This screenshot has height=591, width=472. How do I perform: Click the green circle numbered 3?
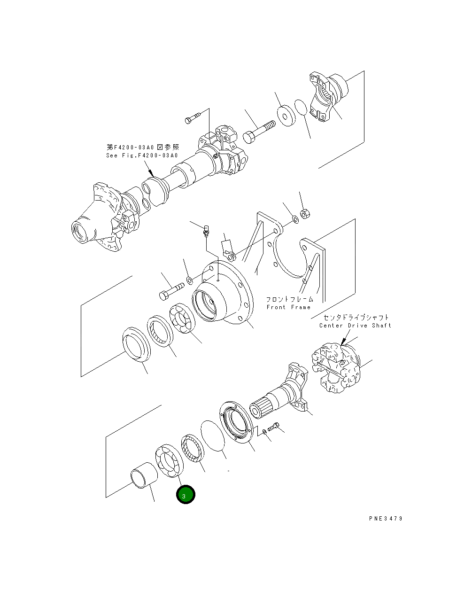(185, 495)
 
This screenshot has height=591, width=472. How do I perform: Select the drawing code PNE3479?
(386, 519)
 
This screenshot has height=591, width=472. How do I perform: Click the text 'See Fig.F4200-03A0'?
(142, 156)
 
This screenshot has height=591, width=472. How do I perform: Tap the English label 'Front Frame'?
(288, 307)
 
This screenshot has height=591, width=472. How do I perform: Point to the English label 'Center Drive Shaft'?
(355, 325)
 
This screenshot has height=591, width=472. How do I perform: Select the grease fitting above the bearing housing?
(206, 231)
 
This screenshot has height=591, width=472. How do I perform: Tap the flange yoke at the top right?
(329, 98)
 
